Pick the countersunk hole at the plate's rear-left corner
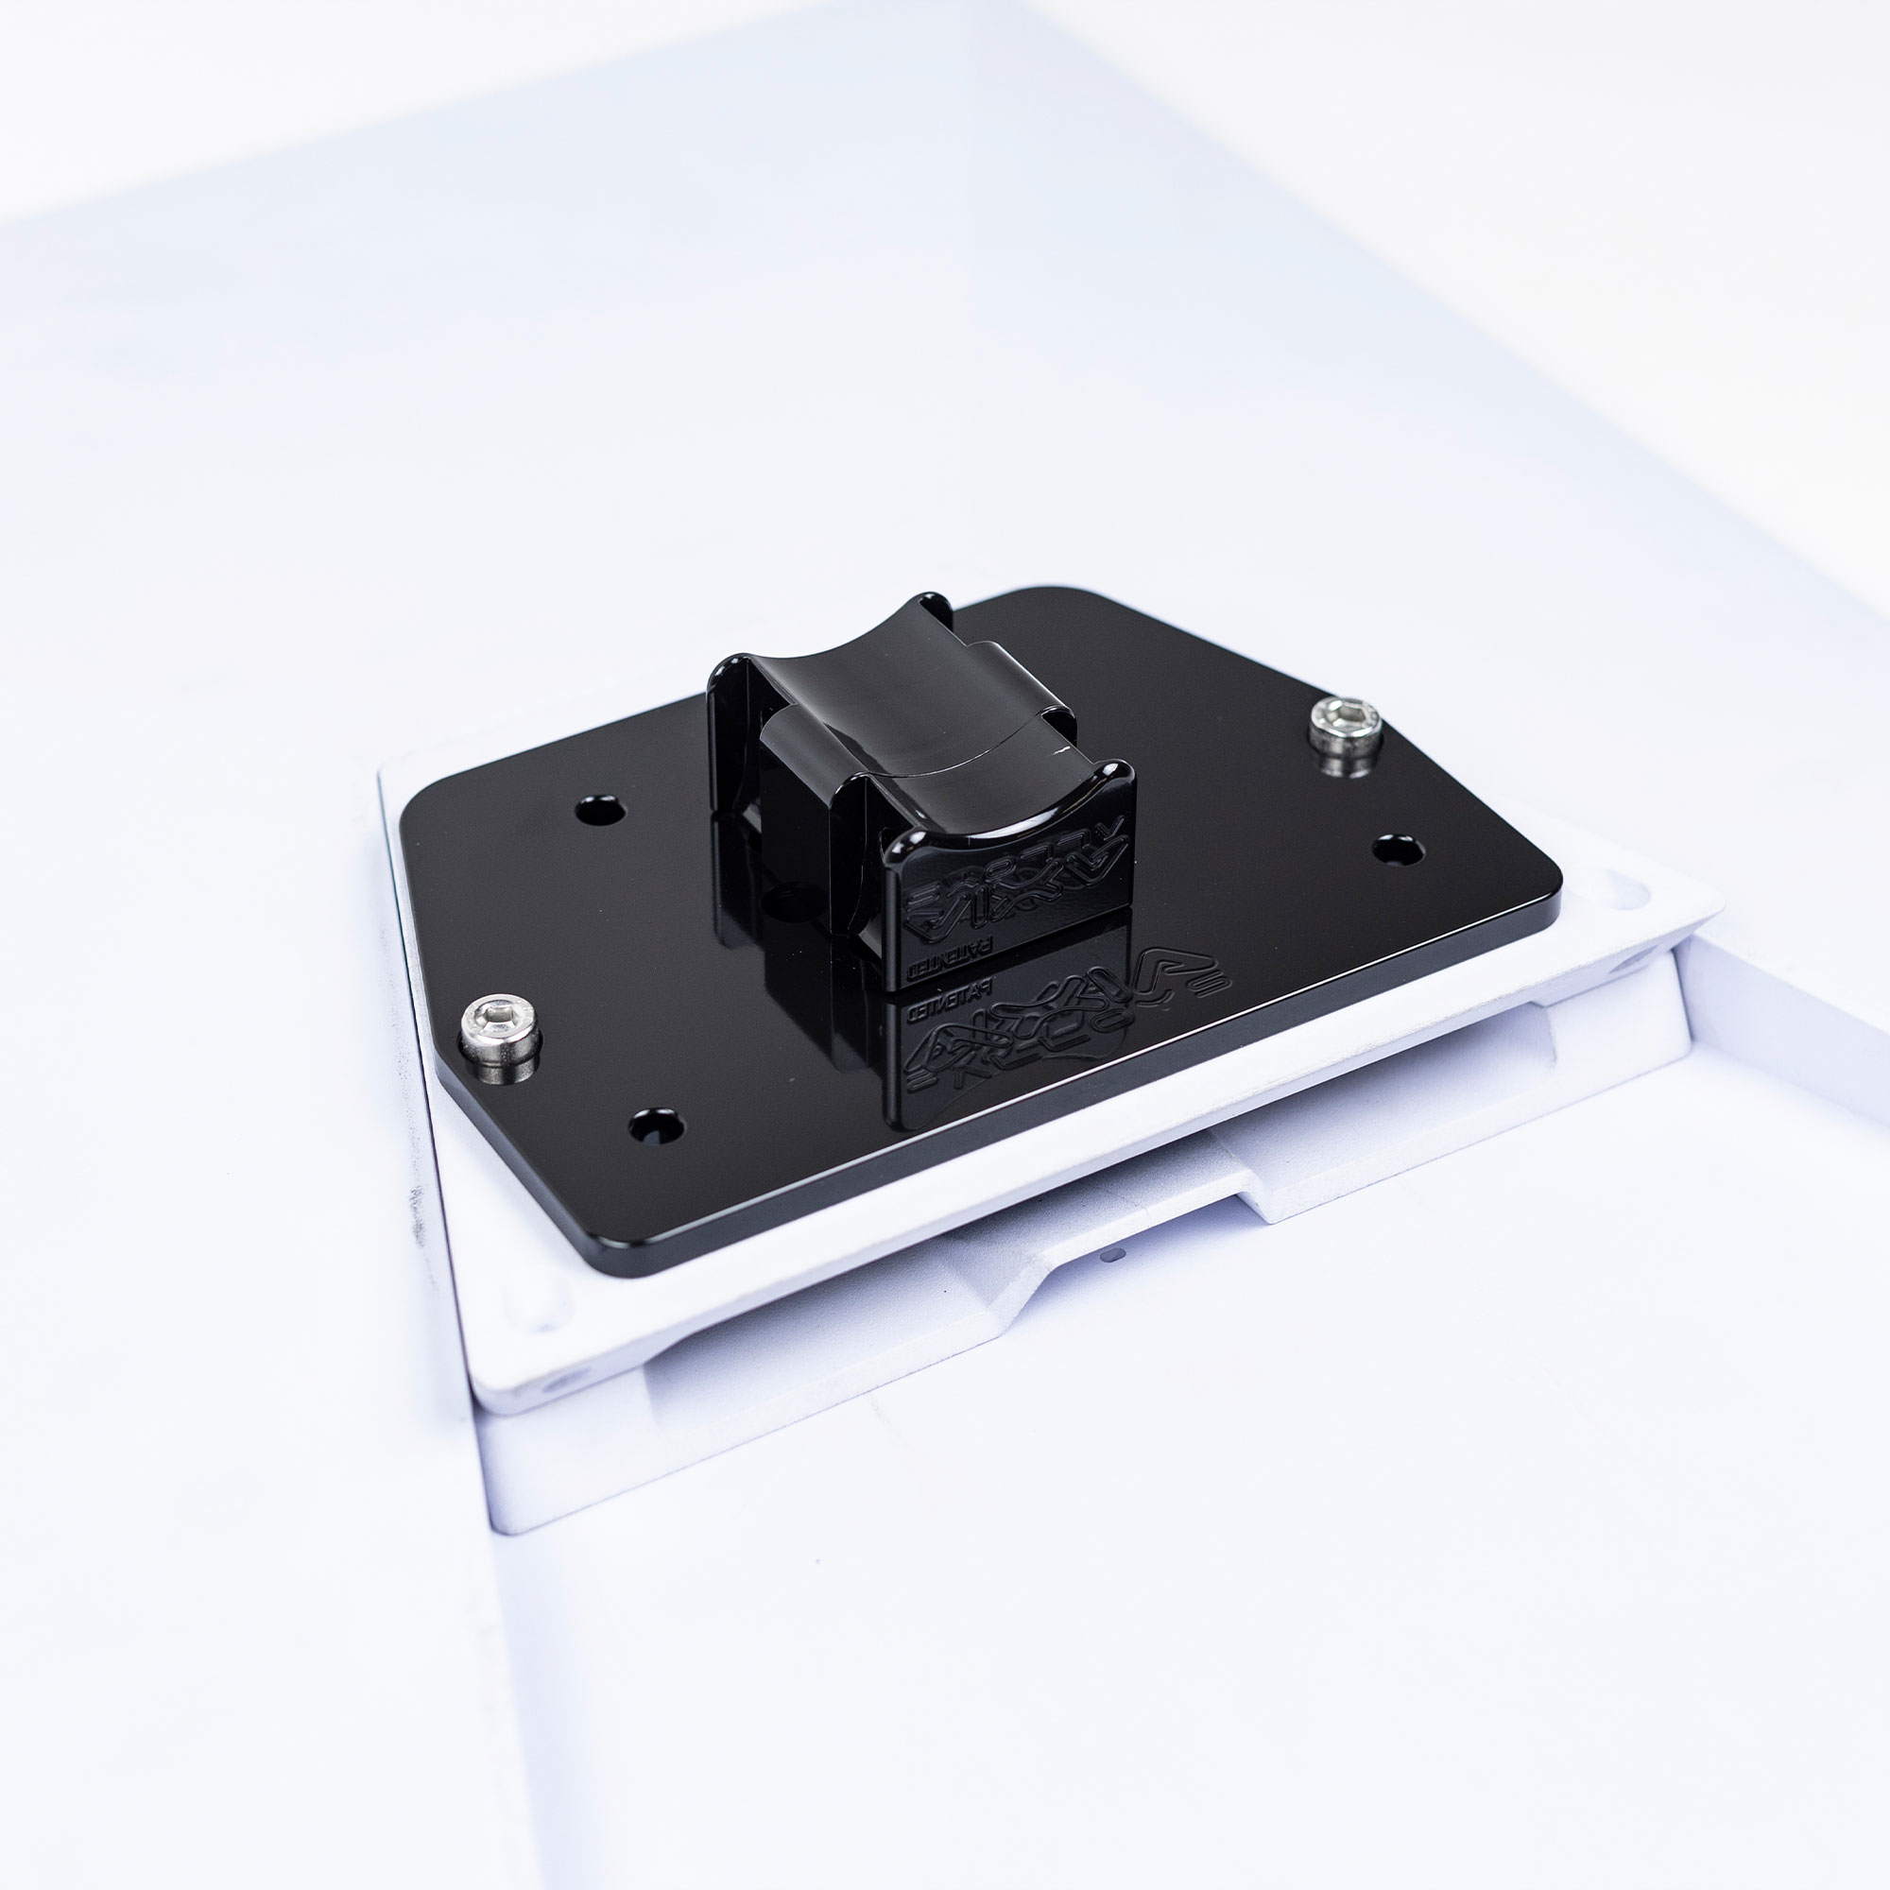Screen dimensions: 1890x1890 [600, 811]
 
